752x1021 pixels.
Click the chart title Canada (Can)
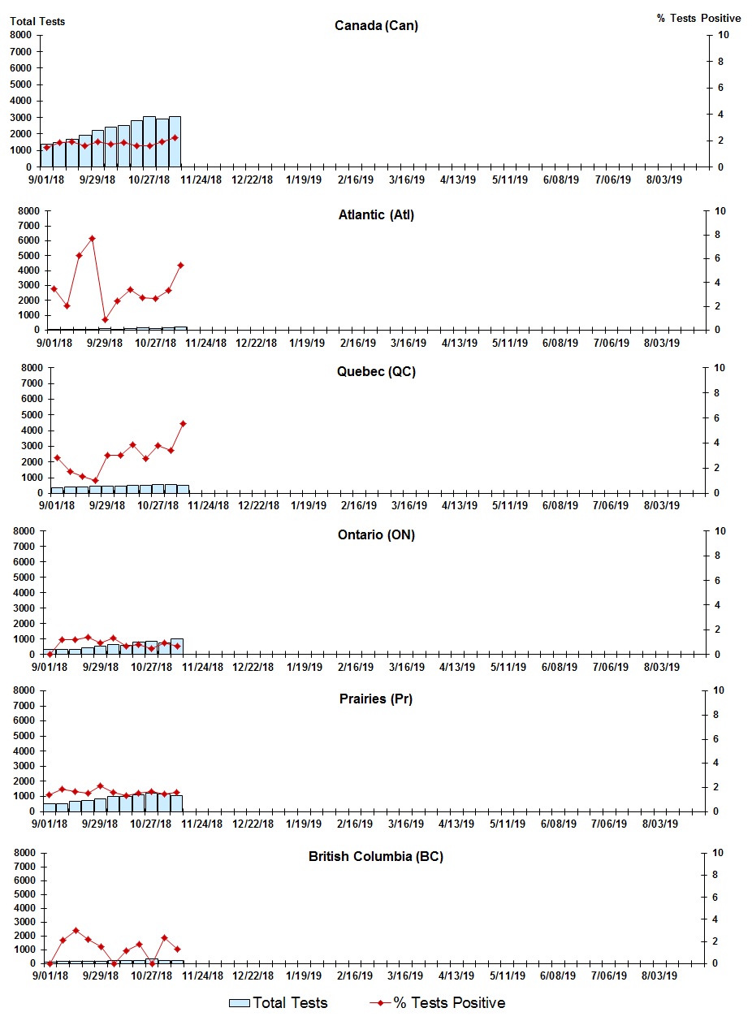(x=376, y=25)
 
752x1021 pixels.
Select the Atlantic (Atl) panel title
(x=376, y=214)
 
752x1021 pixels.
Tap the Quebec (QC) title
(x=376, y=372)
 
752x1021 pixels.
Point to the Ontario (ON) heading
(x=376, y=534)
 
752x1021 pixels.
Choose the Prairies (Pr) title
(x=376, y=699)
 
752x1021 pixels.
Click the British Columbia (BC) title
(x=376, y=856)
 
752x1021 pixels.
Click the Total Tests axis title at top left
(x=37, y=21)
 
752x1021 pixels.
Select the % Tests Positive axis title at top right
(x=698, y=18)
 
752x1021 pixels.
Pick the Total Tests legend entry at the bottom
(x=279, y=1003)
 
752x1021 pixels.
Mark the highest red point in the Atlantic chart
(x=92, y=239)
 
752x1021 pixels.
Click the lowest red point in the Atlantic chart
(x=105, y=319)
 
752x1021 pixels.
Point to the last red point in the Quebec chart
(x=183, y=423)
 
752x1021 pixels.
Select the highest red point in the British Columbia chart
(x=76, y=931)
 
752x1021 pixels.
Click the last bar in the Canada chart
(x=175, y=142)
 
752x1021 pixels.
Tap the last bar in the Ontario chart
(x=176, y=647)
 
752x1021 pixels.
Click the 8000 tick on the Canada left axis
(x=21, y=35)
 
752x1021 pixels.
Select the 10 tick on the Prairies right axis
(x=718, y=690)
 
